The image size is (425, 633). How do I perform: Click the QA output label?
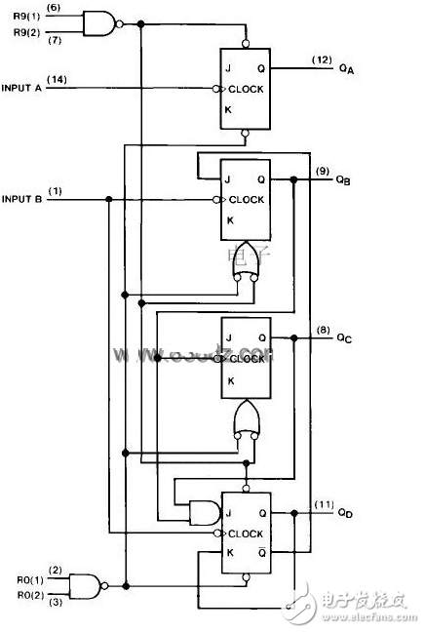pyautogui.click(x=346, y=70)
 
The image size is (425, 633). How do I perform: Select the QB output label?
pyautogui.click(x=345, y=181)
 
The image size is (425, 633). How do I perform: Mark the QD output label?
pyautogui.click(x=345, y=514)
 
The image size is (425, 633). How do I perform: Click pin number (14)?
pyautogui.click(x=55, y=79)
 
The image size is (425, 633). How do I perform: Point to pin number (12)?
pyautogui.click(x=322, y=60)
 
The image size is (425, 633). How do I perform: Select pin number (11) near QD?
pyautogui.click(x=324, y=504)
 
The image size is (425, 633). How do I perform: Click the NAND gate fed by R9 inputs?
pyautogui.click(x=98, y=22)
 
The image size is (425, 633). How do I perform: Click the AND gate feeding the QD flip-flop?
pyautogui.click(x=202, y=510)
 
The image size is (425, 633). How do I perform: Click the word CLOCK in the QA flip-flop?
pyautogui.click(x=250, y=89)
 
